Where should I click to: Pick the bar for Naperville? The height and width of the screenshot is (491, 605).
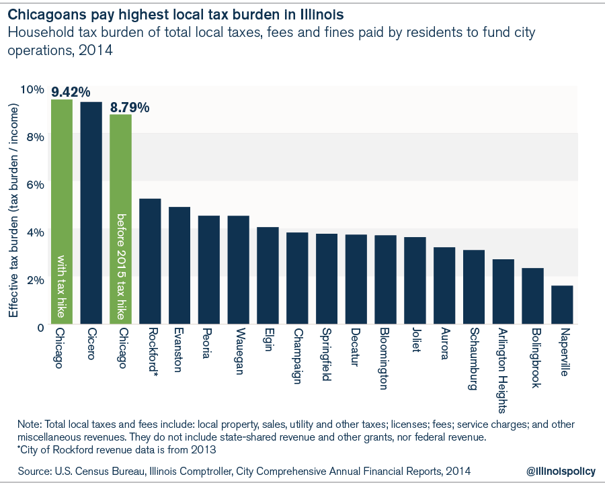562,305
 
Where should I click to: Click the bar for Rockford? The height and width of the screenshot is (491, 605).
150,261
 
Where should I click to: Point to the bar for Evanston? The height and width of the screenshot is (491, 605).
179,265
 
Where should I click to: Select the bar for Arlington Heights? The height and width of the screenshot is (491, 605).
503,292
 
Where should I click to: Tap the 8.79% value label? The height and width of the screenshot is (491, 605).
130,107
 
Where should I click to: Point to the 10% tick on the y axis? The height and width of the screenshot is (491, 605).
32,89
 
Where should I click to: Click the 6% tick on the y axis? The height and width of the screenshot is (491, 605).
35,184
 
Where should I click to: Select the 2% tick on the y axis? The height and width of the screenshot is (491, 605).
35,279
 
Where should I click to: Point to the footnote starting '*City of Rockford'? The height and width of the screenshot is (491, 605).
118,449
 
